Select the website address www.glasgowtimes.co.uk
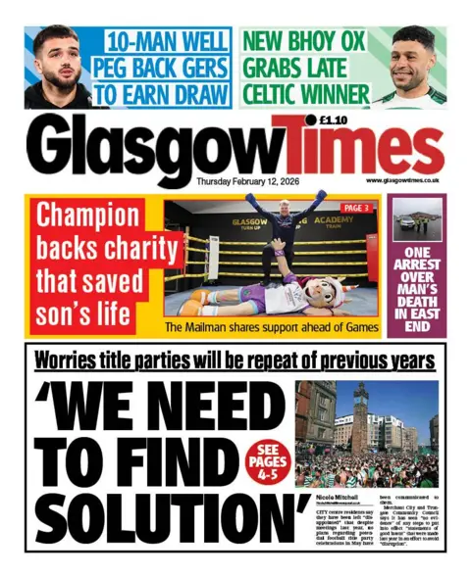(401, 181)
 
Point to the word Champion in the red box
(88, 216)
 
